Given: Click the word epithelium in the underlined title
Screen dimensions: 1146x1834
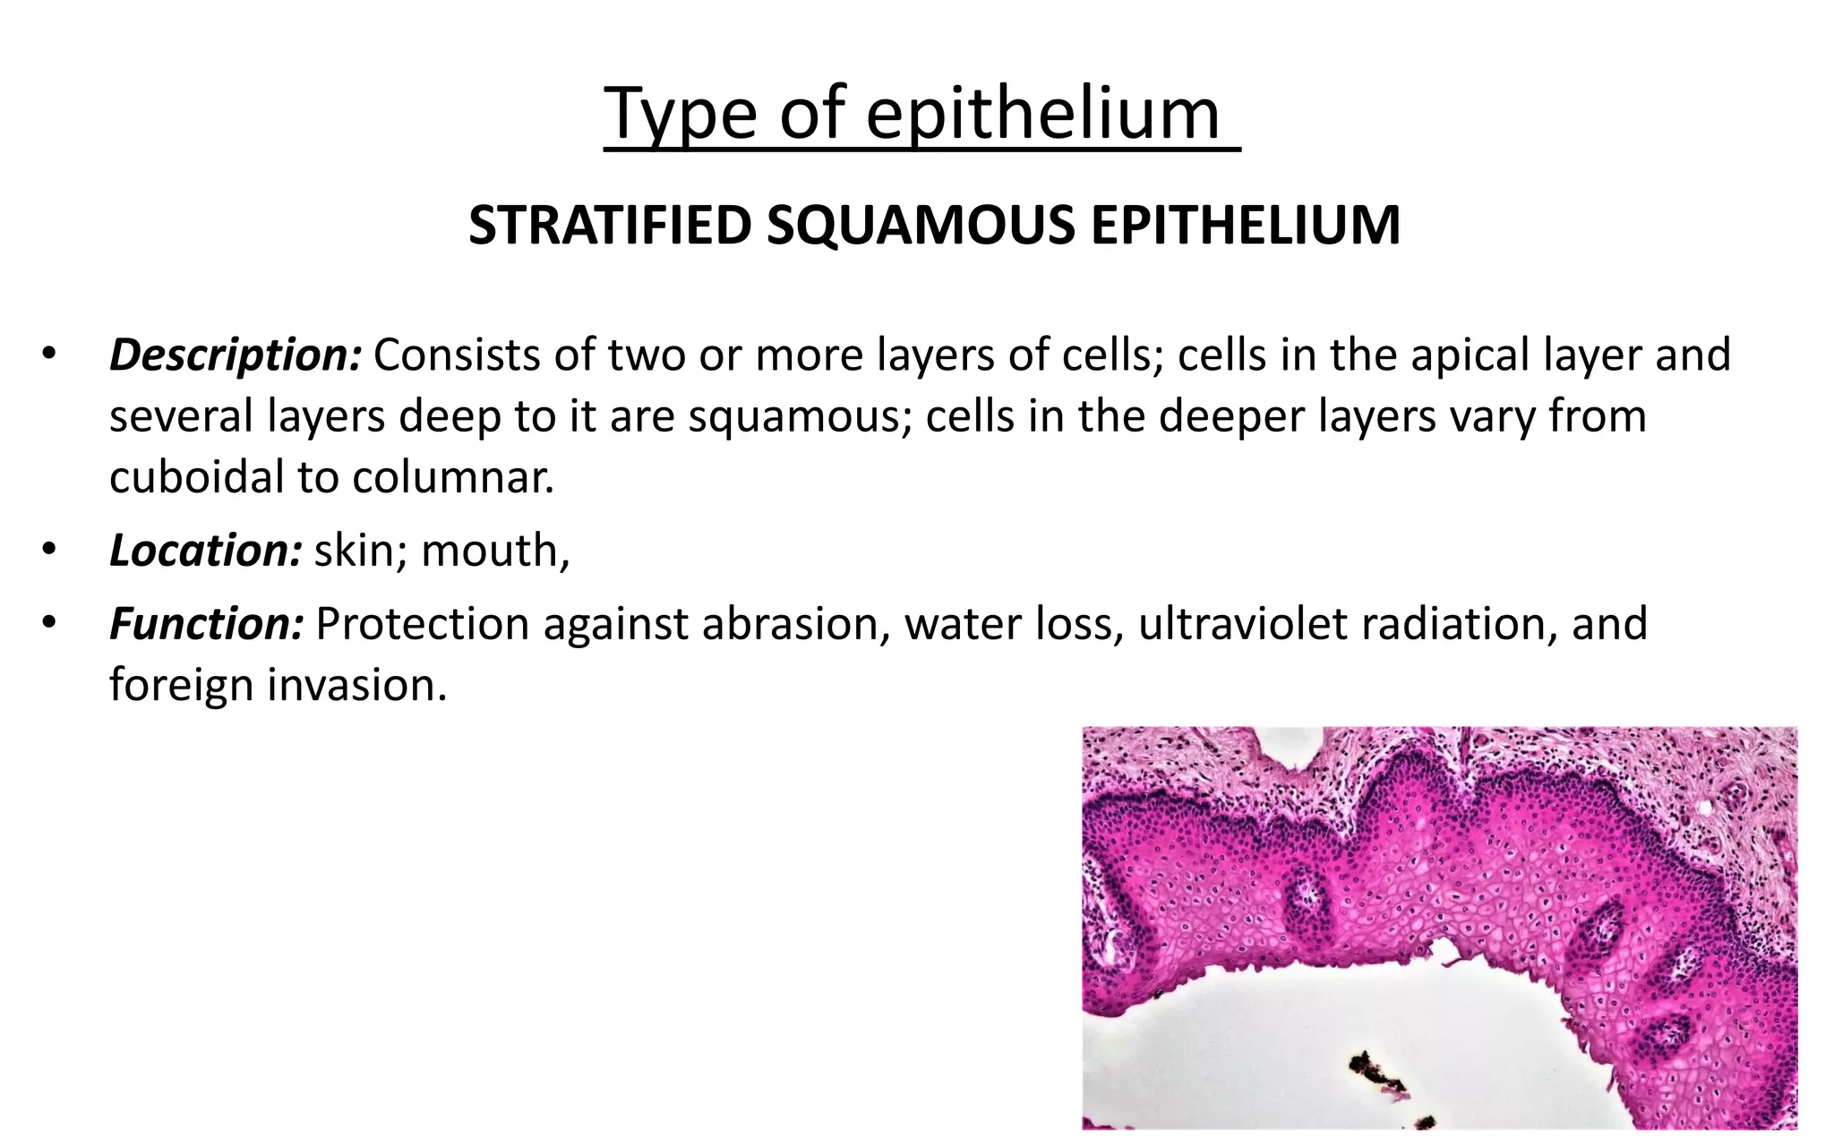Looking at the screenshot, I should (1042, 114).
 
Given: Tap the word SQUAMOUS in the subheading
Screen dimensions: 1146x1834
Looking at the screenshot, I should (919, 225).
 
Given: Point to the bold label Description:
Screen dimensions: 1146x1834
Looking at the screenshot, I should (236, 355).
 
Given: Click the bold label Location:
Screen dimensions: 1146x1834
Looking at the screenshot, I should (205, 550).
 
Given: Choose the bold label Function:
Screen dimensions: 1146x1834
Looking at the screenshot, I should (207, 624).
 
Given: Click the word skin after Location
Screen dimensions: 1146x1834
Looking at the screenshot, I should (355, 550).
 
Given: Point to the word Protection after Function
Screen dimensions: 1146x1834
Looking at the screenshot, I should (422, 624).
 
